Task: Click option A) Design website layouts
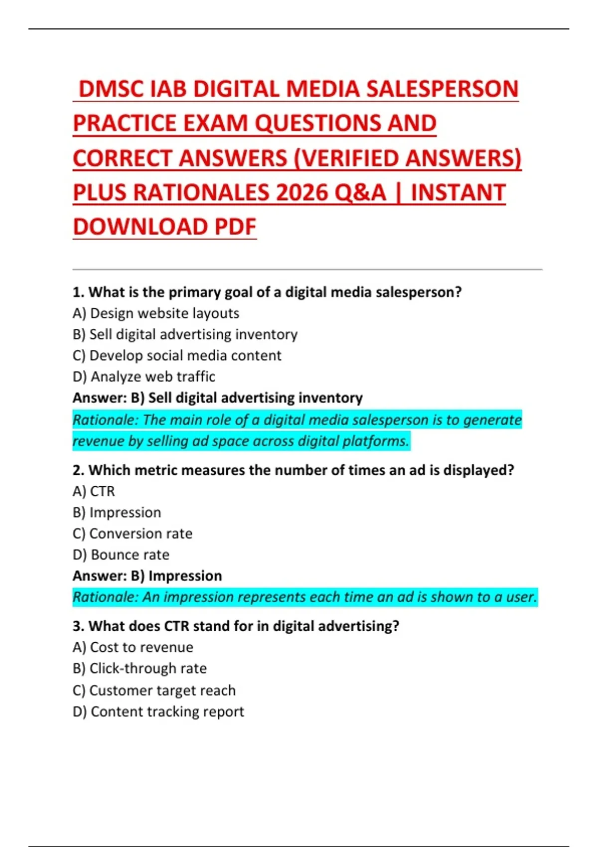pyautogui.click(x=156, y=313)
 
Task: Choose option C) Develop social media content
pyautogui.click(x=177, y=356)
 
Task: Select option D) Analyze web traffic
pyautogui.click(x=144, y=377)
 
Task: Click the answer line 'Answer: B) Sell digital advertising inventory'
pyautogui.click(x=217, y=398)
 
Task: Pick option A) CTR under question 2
pyautogui.click(x=94, y=492)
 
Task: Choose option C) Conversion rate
pyautogui.click(x=133, y=534)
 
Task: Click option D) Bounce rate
pyautogui.click(x=121, y=555)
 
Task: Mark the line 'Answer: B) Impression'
pyautogui.click(x=147, y=576)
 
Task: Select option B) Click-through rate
pyautogui.click(x=140, y=669)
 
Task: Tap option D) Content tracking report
pyautogui.click(x=158, y=712)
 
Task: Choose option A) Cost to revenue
pyautogui.click(x=133, y=647)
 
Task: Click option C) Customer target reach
pyautogui.click(x=154, y=691)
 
